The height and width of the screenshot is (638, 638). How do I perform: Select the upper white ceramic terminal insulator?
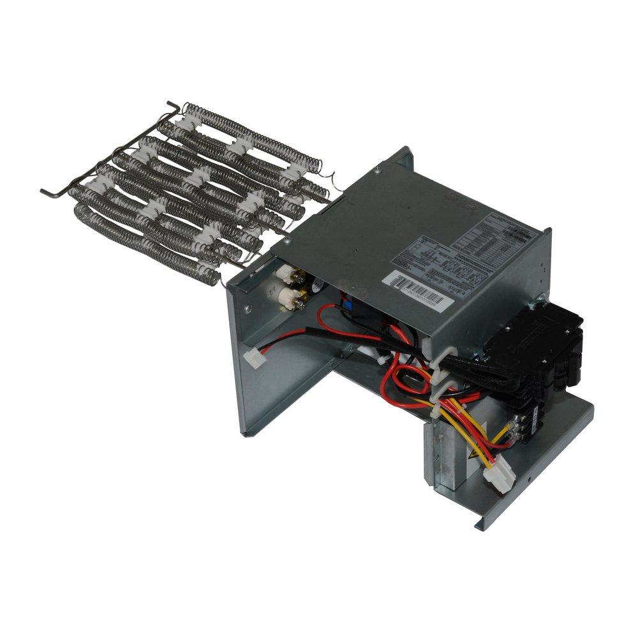(285, 274)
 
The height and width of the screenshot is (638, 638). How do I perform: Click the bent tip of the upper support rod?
(170, 105)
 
